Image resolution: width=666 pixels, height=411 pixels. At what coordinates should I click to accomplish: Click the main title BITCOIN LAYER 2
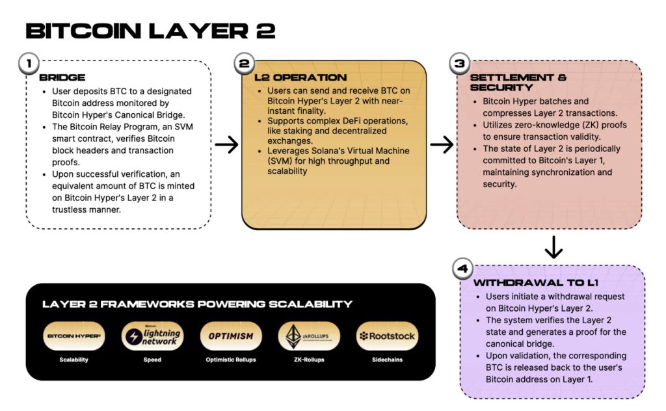click(x=150, y=31)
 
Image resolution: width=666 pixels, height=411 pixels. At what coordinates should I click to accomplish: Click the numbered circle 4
click(x=461, y=269)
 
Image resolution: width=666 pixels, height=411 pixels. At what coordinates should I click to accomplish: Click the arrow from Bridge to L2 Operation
click(x=226, y=145)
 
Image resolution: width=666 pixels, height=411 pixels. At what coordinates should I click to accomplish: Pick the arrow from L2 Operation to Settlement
click(x=442, y=145)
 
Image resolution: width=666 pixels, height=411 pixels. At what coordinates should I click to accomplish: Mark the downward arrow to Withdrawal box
click(x=553, y=247)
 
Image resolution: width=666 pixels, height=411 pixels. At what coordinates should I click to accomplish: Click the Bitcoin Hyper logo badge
click(x=73, y=336)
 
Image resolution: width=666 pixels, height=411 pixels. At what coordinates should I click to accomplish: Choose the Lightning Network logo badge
click(x=152, y=336)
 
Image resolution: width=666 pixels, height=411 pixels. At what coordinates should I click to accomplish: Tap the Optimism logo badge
click(x=230, y=336)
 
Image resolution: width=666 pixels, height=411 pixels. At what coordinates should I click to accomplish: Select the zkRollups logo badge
click(x=308, y=336)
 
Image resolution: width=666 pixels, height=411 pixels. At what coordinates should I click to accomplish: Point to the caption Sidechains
click(x=387, y=359)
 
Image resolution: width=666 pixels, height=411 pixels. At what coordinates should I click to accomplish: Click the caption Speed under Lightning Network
click(x=152, y=359)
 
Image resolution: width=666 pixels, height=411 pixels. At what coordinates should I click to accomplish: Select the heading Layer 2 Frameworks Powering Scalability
click(x=197, y=304)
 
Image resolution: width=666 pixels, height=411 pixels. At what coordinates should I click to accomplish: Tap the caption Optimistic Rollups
click(x=230, y=359)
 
